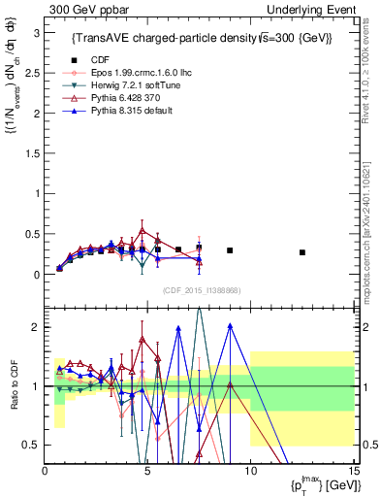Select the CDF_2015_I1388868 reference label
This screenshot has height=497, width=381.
pos(201,289)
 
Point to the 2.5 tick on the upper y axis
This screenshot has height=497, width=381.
pos(36,72)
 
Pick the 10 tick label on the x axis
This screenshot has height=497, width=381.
pos(250,471)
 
